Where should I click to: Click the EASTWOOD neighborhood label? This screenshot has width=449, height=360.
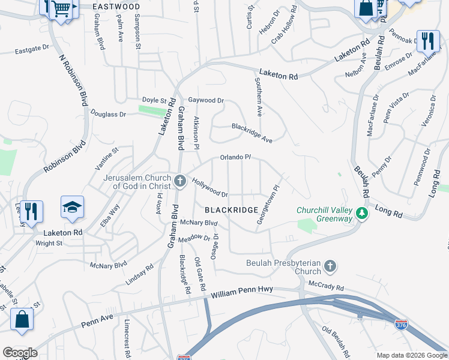tap(116, 7)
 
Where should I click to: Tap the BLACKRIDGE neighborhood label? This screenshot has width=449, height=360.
tap(231, 210)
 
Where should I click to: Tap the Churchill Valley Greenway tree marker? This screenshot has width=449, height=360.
tap(361, 213)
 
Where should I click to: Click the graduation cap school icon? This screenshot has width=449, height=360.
tap(72, 208)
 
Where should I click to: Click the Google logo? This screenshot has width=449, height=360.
tap(20, 352)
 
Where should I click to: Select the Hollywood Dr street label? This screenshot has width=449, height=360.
tap(210, 190)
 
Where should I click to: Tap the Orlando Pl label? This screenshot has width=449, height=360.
tap(235, 157)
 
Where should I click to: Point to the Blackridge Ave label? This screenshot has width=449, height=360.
tap(252, 133)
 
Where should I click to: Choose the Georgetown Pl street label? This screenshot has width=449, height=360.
tap(268, 205)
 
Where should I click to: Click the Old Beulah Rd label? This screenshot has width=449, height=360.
tap(336, 341)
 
